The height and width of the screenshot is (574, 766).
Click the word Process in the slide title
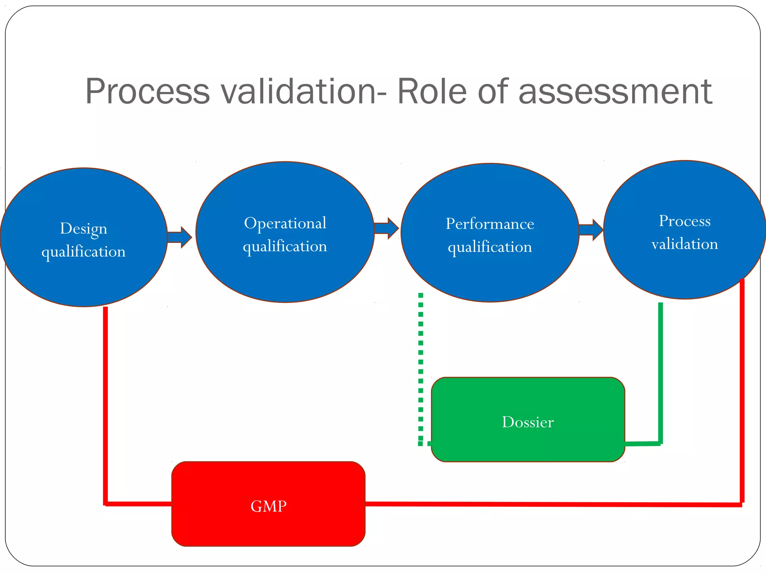147,92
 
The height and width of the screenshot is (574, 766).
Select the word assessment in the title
615,92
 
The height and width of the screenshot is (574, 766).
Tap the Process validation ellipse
684,269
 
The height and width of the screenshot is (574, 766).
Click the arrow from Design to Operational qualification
180,237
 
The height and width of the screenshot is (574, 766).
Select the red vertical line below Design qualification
105,404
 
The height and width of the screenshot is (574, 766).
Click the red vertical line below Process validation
742,392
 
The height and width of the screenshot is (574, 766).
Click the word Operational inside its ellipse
285,223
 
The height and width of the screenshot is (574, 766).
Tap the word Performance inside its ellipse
490,224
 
